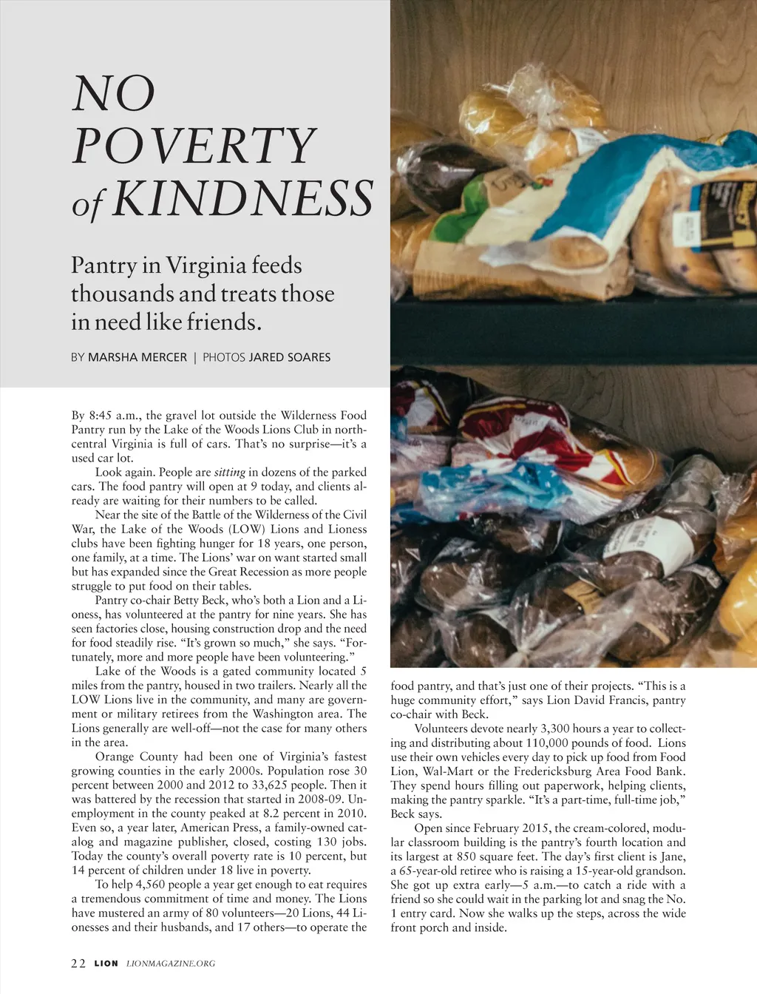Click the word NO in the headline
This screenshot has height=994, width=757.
point(114,94)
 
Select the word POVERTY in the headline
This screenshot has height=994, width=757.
point(194,146)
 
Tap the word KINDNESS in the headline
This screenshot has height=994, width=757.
point(242,198)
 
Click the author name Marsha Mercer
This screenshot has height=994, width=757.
point(138,357)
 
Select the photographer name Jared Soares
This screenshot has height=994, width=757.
point(290,357)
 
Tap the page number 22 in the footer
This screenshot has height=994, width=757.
point(78,963)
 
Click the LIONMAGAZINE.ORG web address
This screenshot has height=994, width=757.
point(171,963)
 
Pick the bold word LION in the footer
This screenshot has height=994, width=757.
point(106,963)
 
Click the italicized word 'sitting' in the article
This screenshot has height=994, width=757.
point(229,472)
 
